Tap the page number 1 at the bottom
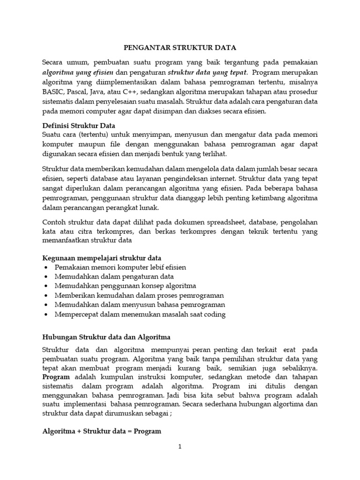click(x=180, y=447)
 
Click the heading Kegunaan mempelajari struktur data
click(x=102, y=258)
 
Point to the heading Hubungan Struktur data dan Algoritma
click(x=106, y=337)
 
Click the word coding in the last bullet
click(x=214, y=315)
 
